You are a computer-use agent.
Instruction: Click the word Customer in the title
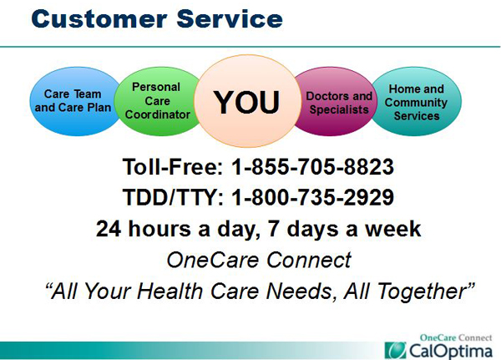click(99, 19)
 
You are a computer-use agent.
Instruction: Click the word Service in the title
click(230, 19)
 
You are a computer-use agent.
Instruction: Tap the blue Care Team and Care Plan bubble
click(73, 101)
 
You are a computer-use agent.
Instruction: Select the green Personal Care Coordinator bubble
click(157, 101)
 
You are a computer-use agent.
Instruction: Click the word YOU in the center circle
click(246, 102)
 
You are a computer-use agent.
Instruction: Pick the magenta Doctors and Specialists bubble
click(336, 101)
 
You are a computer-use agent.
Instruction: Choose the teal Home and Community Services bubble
click(417, 101)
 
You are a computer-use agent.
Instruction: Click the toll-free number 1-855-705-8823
click(312, 166)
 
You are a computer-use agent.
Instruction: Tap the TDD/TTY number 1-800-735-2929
click(312, 197)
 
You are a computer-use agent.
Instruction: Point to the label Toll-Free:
click(173, 166)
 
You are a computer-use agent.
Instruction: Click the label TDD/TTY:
click(173, 197)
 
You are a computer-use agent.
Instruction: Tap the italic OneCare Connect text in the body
click(259, 260)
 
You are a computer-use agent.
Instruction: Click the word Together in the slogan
click(423, 292)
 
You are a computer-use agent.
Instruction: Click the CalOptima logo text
click(451, 351)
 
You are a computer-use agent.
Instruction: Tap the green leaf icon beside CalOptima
click(395, 351)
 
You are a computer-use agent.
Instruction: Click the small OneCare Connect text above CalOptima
click(456, 337)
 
